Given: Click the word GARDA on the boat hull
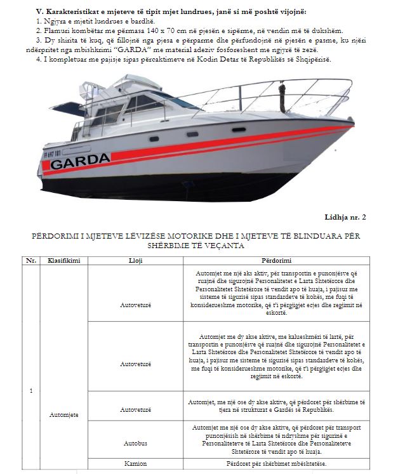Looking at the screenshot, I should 80,163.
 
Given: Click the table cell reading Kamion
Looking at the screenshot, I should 136,464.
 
